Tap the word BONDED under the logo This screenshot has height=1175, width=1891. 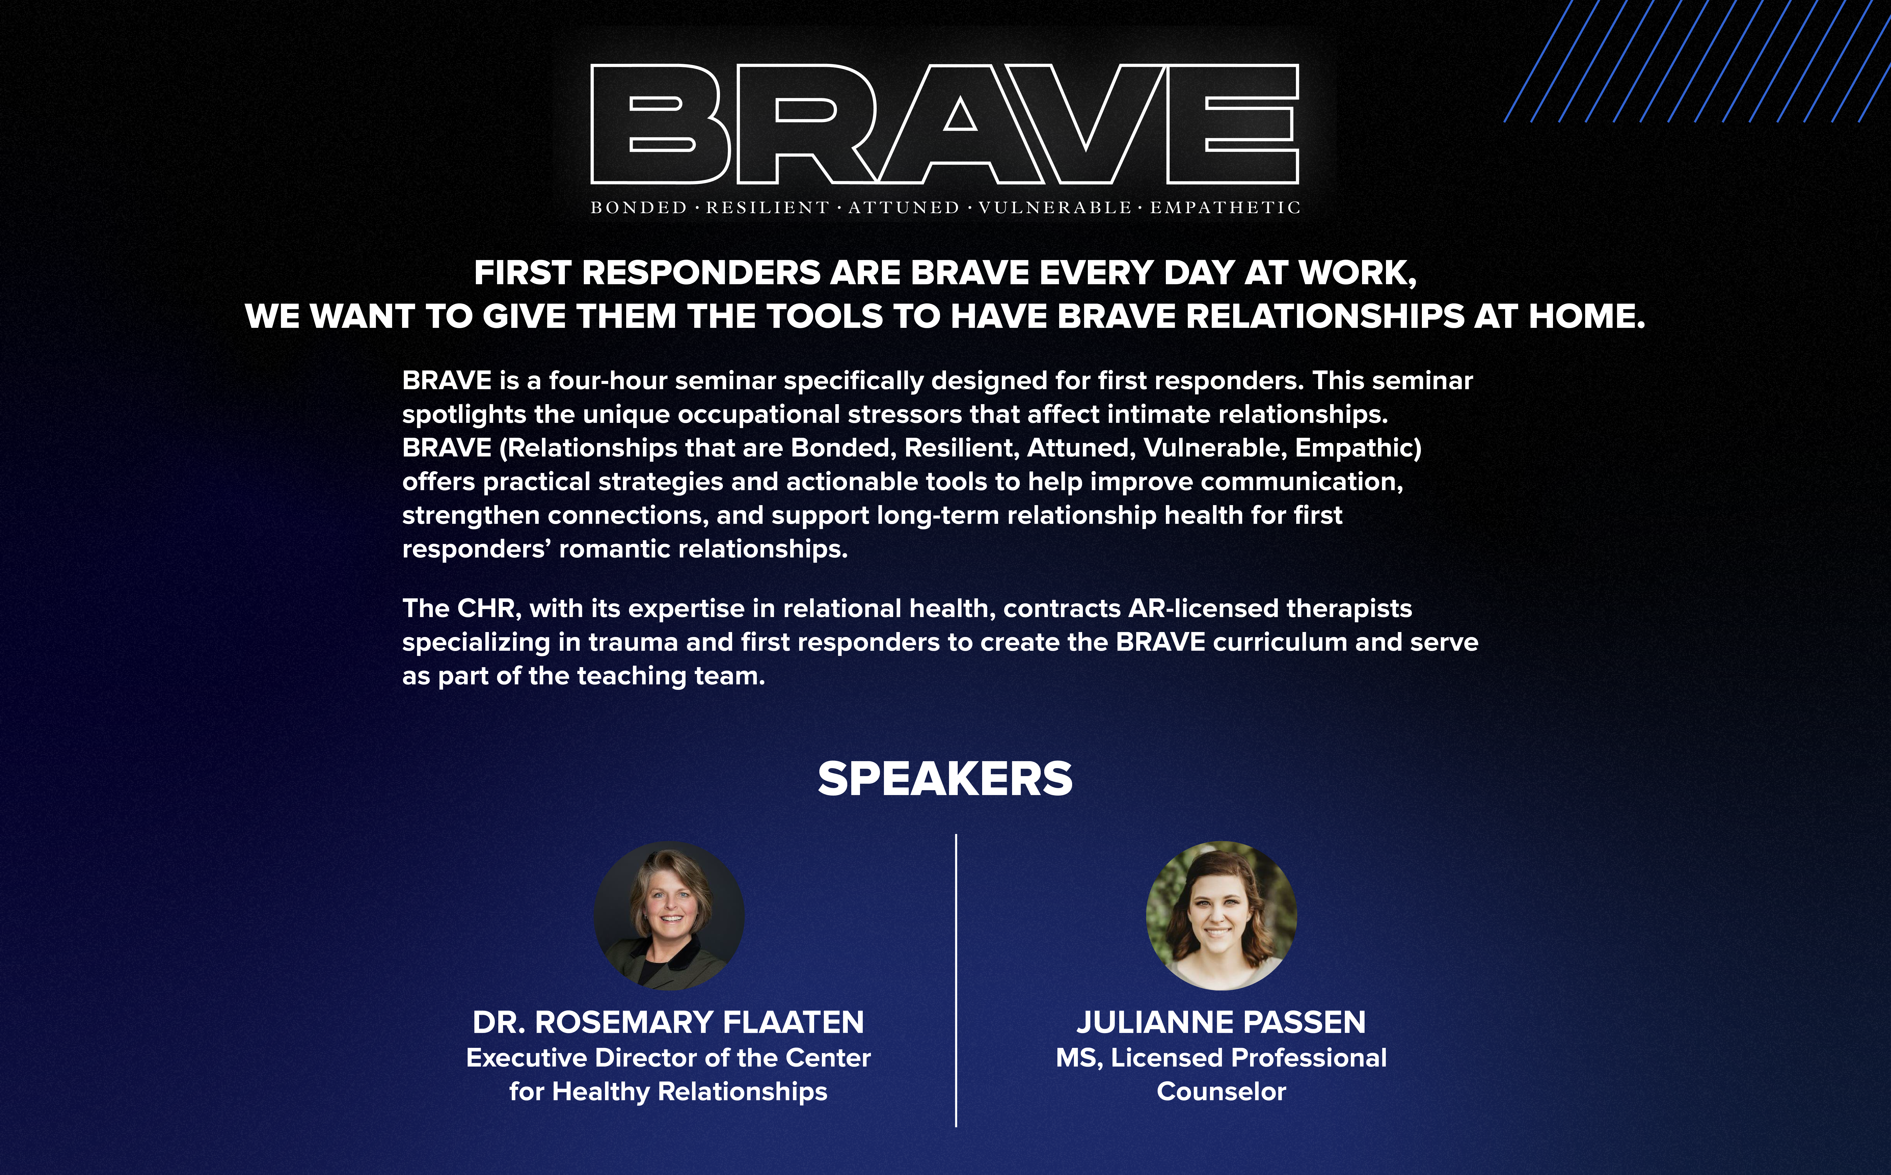pyautogui.click(x=639, y=207)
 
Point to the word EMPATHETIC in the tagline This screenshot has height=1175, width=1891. pyautogui.click(x=1225, y=207)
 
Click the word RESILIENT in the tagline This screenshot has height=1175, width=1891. pyautogui.click(x=768, y=207)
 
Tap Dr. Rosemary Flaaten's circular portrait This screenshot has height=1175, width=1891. pyautogui.click(x=669, y=915)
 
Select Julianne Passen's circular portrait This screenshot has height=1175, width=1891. pyautogui.click(x=1221, y=915)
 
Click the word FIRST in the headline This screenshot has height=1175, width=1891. pyautogui.click(x=524, y=273)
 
